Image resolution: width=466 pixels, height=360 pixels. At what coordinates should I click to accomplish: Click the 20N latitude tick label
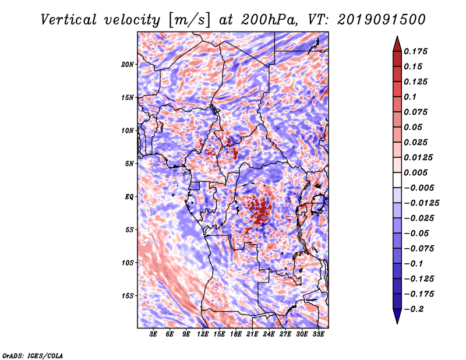coord(127,65)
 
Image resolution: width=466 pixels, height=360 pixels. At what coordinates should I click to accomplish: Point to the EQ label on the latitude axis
coord(129,197)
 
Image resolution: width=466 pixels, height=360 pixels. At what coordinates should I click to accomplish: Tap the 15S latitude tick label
coord(127,296)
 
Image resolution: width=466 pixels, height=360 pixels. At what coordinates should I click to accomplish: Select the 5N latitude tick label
coord(129,164)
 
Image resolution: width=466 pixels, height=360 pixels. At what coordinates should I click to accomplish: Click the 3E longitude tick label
coord(153,334)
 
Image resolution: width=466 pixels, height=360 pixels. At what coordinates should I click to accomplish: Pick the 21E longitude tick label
coord(252,334)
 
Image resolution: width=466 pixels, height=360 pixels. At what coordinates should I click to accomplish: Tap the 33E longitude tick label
coord(318,334)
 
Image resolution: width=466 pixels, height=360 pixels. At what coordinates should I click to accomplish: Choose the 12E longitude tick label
coord(202,334)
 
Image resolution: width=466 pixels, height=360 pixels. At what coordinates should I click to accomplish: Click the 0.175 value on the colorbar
coord(415,51)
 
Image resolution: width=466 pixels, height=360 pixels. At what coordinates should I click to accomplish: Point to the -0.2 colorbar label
coord(414,309)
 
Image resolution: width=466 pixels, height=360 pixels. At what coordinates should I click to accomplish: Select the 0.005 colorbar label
coord(415,172)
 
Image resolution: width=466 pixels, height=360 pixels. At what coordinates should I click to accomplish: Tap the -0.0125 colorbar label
coord(421,203)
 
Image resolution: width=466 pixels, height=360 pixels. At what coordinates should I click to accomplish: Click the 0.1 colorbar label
coord(410,97)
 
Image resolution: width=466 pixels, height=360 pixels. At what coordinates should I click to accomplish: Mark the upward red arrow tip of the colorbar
coord(397,36)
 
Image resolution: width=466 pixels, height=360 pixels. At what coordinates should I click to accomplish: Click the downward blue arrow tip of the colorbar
coord(397,323)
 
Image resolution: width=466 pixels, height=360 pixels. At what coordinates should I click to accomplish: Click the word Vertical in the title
coord(69,20)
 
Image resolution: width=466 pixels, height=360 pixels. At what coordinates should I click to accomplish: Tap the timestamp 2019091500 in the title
coord(382,20)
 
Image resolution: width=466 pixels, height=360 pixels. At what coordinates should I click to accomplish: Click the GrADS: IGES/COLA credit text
coord(33,356)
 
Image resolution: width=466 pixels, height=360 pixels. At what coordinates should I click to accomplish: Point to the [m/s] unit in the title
coord(189,20)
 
